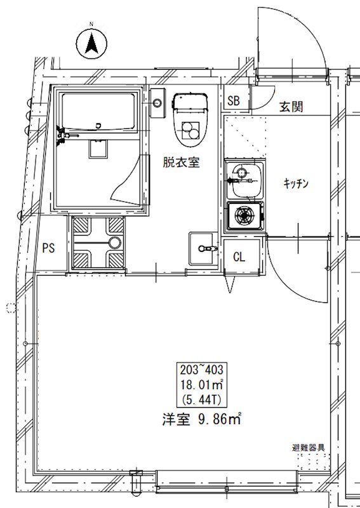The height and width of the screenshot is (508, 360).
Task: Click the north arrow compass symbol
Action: [x=91, y=43]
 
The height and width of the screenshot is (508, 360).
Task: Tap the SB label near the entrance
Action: [x=233, y=101]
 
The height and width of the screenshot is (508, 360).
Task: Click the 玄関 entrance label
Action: [x=291, y=107]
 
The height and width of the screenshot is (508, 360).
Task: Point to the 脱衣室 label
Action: [x=181, y=162]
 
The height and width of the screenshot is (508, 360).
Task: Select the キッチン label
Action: [x=296, y=184]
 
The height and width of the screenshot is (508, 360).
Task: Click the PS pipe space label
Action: [x=49, y=248]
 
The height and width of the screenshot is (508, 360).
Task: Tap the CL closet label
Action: [x=239, y=257]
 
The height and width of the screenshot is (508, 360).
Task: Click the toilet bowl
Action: [x=190, y=120]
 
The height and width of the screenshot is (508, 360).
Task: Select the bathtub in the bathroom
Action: [x=98, y=112]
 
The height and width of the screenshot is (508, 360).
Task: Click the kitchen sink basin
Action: [x=244, y=180]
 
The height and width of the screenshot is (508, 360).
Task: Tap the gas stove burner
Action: [x=244, y=215]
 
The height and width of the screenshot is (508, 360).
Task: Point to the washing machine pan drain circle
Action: [x=115, y=243]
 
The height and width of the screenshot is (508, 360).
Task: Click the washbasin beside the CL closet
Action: [x=203, y=248]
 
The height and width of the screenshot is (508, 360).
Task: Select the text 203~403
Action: [x=201, y=370]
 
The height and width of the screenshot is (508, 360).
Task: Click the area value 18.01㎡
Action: [x=201, y=385]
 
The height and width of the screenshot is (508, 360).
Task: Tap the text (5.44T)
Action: [x=201, y=401]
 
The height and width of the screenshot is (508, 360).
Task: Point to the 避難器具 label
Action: [x=308, y=448]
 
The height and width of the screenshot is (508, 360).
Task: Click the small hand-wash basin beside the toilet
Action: [x=157, y=103]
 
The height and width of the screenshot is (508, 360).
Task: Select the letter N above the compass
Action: [x=91, y=24]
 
